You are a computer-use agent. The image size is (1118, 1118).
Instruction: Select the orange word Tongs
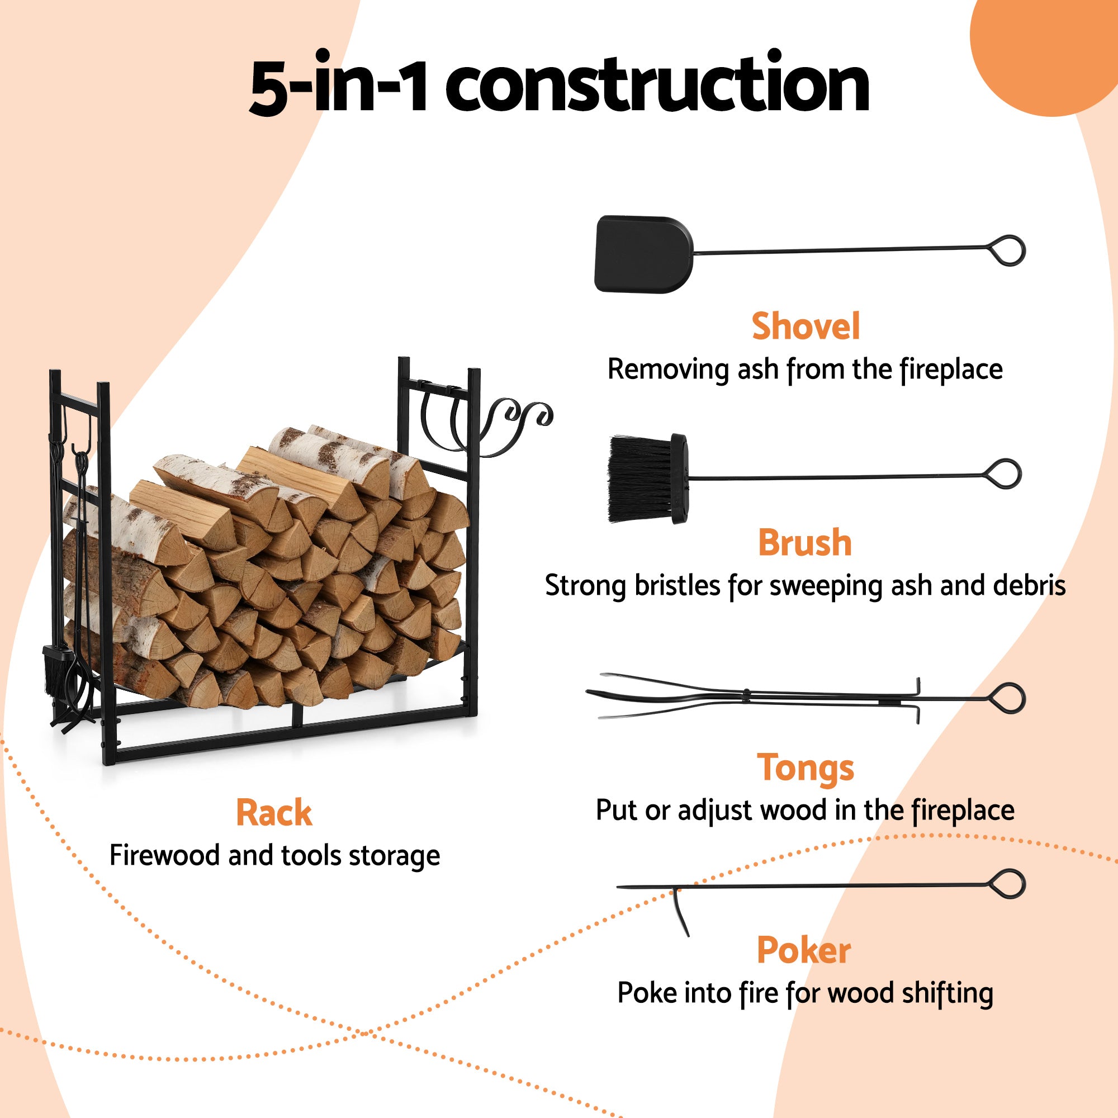point(805,768)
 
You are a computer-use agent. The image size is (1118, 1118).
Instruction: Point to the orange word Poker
point(804,950)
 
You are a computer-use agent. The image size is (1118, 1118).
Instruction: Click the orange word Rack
point(274,812)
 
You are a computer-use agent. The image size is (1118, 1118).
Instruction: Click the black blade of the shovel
point(642,254)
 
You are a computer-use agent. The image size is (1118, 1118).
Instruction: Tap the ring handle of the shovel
point(1008,250)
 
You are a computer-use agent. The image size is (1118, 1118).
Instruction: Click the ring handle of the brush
point(1004,475)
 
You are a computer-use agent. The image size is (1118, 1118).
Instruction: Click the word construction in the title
point(657,85)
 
